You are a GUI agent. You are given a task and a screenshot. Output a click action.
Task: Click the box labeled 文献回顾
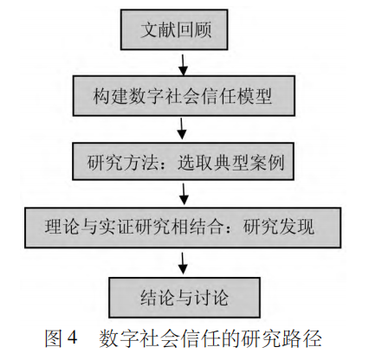174,29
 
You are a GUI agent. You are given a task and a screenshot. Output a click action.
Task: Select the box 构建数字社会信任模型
184,96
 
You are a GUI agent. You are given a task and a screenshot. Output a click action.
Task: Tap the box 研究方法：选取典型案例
183,161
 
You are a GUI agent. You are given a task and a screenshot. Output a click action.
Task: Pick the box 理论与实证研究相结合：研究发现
183,228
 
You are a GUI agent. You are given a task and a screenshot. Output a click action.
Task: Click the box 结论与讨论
184,298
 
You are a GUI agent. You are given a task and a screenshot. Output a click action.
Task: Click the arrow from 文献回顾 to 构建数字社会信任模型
183,65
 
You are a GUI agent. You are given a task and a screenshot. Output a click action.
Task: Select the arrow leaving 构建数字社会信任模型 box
182,129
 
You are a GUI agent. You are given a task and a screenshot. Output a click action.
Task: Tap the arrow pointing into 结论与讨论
183,263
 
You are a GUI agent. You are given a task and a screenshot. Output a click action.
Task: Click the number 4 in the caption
72,337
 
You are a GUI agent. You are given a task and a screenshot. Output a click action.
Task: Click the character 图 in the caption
54,337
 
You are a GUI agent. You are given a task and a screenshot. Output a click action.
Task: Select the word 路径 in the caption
304,337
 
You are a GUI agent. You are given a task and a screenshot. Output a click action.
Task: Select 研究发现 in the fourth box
279,228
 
